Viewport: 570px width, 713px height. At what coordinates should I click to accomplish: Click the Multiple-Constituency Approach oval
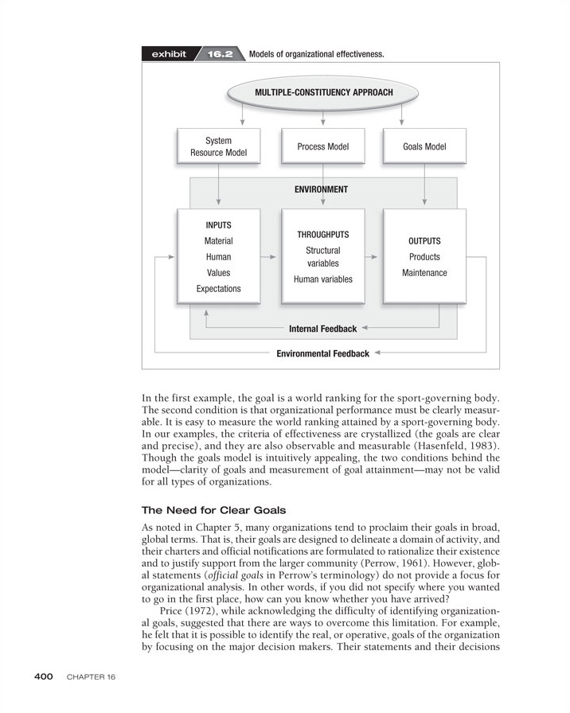coord(322,93)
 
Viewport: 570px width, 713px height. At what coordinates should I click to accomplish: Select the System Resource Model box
coord(218,146)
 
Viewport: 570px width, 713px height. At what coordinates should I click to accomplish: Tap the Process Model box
coord(322,146)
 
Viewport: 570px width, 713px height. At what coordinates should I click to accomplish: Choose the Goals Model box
coord(424,146)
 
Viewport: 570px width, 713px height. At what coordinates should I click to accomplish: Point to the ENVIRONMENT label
coord(321,189)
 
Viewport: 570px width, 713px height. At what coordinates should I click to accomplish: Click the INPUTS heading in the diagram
coord(218,225)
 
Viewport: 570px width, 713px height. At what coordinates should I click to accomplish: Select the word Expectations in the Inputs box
coord(218,289)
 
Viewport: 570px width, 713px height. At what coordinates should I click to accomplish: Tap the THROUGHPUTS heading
coord(322,235)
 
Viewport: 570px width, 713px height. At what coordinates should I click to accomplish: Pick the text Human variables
coord(322,279)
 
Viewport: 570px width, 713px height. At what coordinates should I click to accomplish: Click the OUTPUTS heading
coord(424,241)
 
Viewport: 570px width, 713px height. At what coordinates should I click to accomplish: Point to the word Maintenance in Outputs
coord(424,273)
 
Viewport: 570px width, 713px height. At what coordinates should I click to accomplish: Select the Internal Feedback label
coord(322,329)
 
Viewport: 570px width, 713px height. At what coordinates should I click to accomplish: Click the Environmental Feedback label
coord(322,353)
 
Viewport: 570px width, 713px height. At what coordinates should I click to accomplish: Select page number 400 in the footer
coord(43,676)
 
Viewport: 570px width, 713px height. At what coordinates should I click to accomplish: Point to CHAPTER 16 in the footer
coord(92,677)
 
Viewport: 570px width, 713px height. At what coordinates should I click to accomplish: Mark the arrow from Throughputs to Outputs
coord(373,257)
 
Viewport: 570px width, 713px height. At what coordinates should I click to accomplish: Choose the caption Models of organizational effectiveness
coord(316,55)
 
